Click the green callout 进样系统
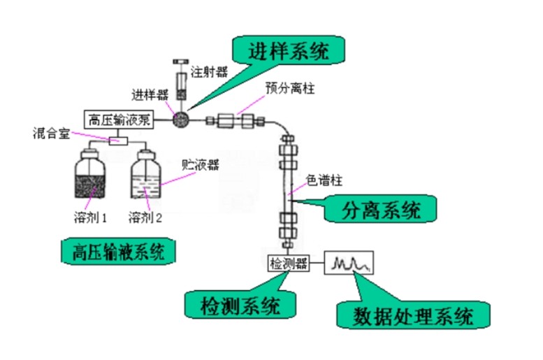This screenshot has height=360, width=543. point(289,50)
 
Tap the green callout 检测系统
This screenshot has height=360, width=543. point(239,305)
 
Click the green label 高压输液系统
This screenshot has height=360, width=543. point(114,252)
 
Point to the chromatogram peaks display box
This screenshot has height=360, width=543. point(349,264)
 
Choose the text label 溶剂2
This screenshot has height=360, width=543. point(145,218)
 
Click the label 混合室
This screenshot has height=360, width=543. point(50,132)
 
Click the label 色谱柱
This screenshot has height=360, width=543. point(324,180)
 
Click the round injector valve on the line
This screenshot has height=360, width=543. point(181,119)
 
